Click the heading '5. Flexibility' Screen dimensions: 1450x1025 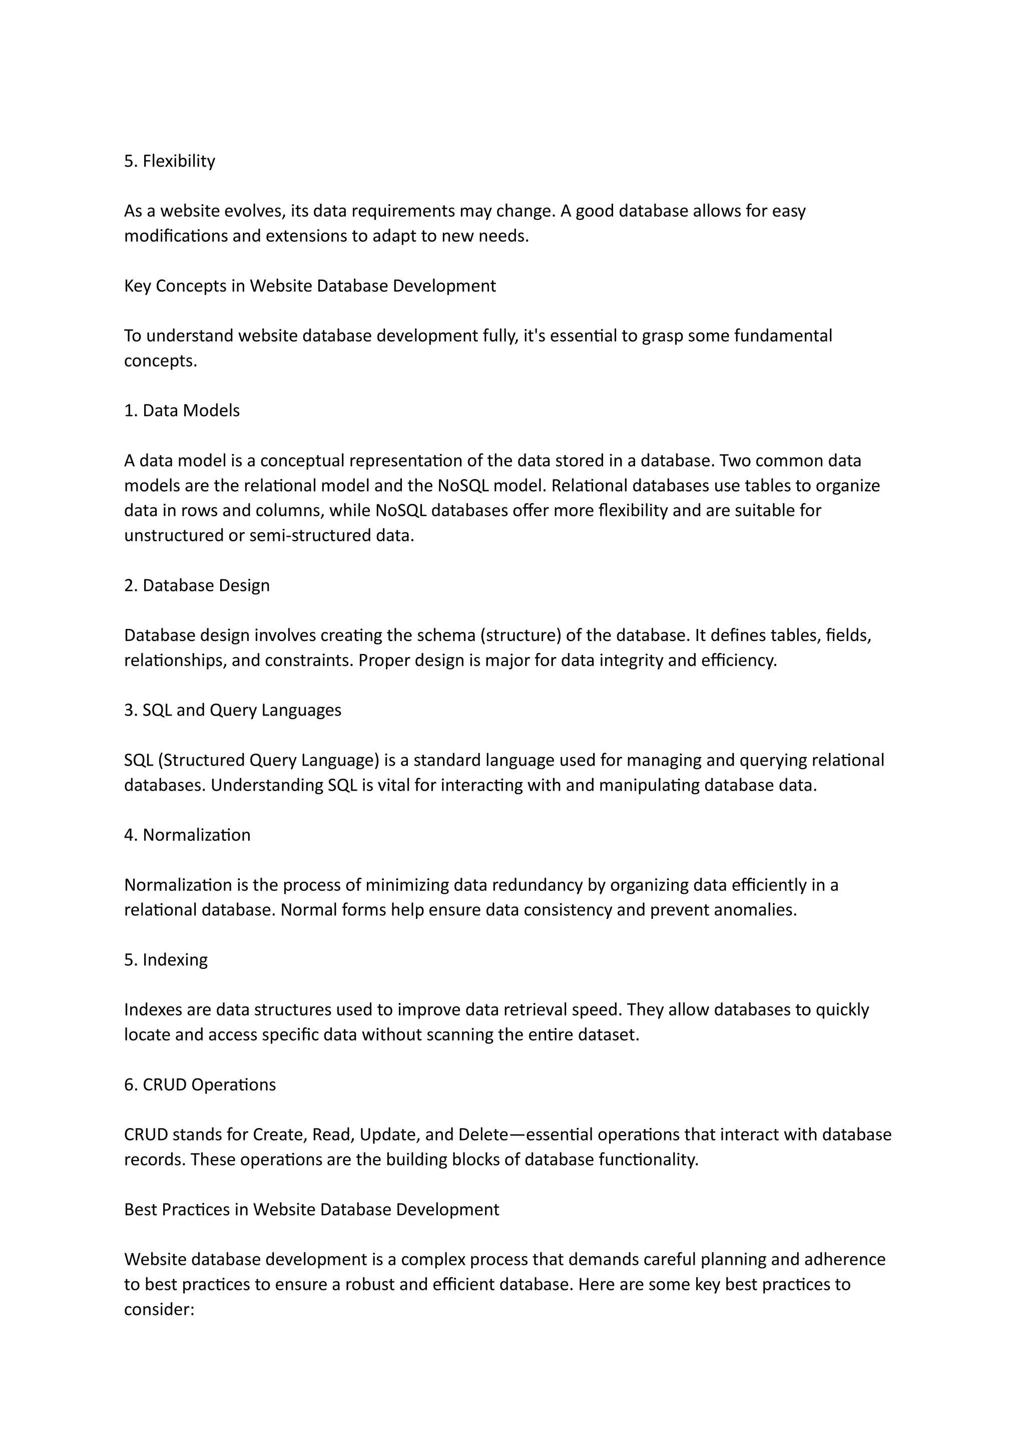(169, 161)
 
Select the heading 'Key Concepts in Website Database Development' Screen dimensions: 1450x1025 (310, 286)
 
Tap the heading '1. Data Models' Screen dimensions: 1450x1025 (182, 411)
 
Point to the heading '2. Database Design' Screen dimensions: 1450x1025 (196, 585)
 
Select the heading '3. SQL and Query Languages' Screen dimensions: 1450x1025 (232, 710)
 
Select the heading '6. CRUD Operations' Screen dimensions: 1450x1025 (200, 1084)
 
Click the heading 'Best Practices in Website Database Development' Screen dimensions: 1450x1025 (311, 1209)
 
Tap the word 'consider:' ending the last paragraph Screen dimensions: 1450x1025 (159, 1309)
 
